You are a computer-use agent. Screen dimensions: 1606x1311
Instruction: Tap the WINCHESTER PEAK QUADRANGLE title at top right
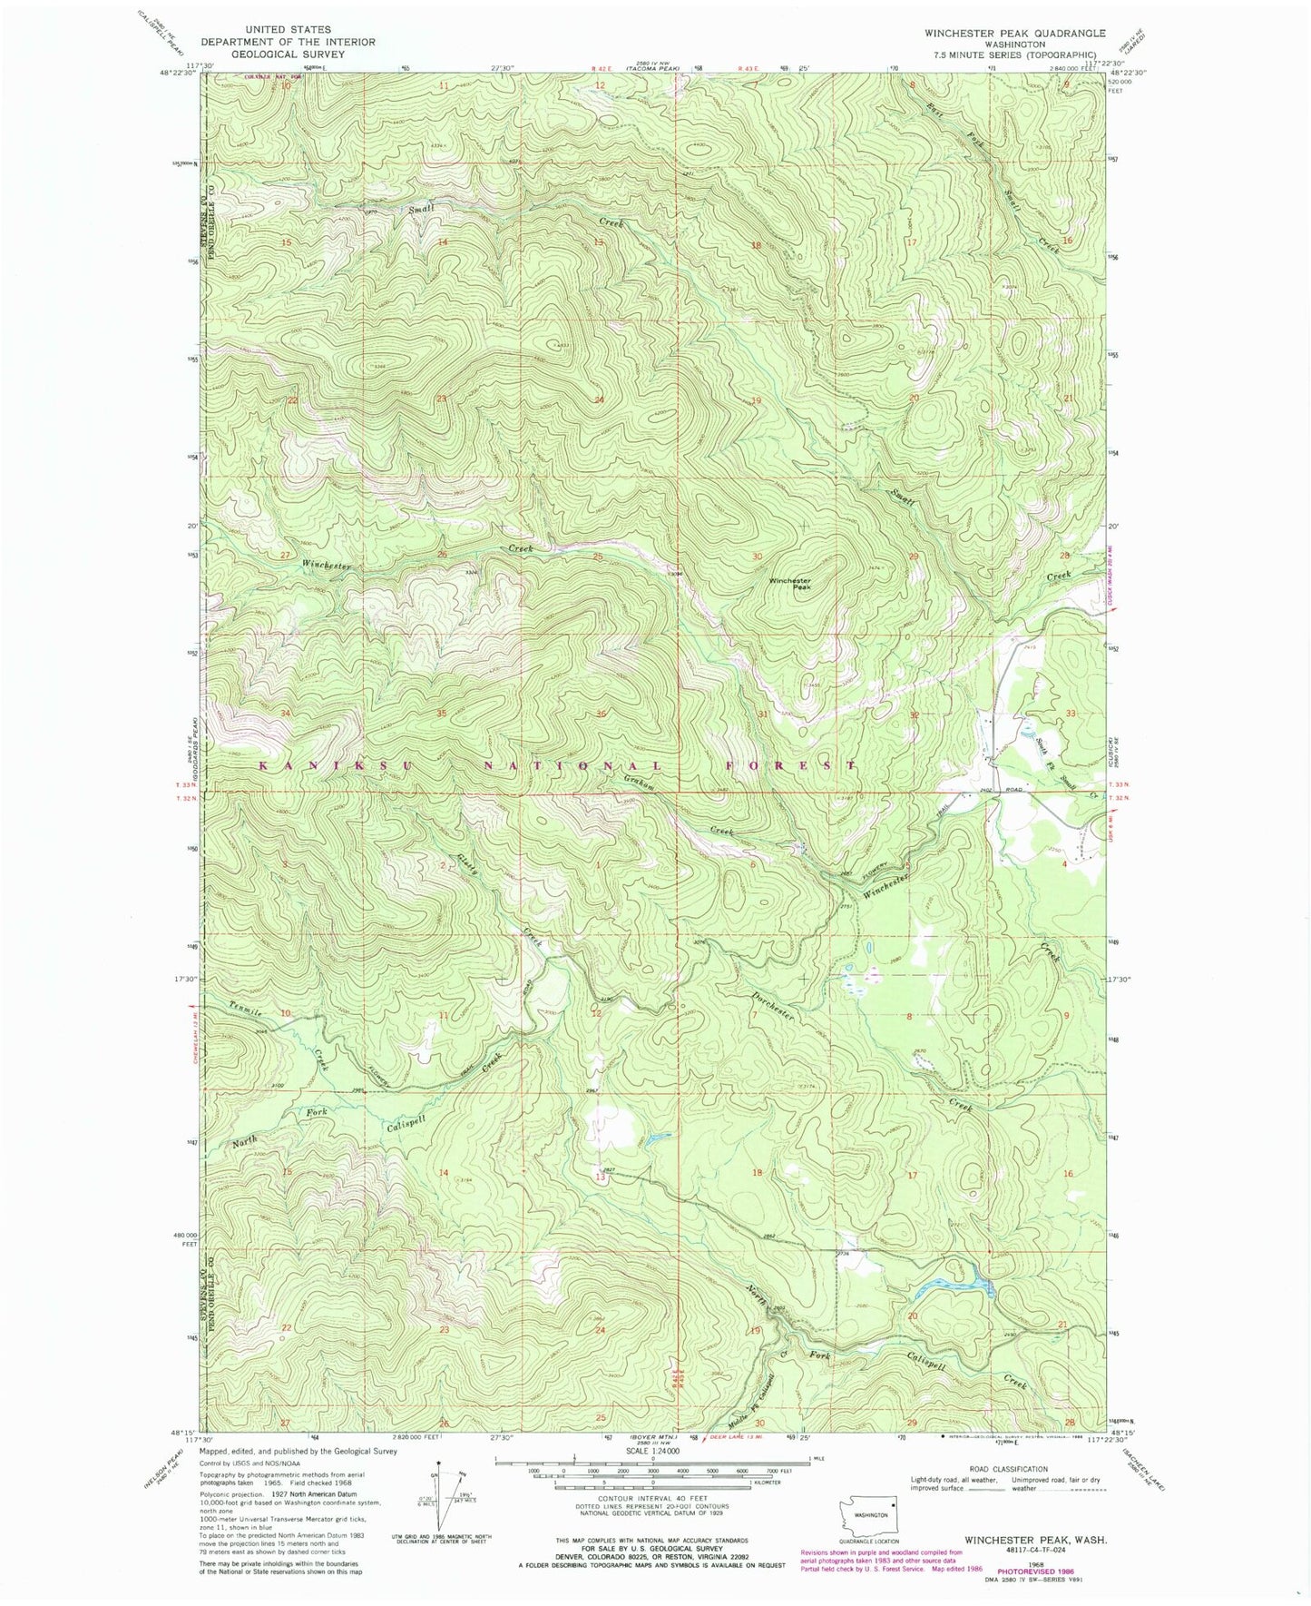pyautogui.click(x=1014, y=33)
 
